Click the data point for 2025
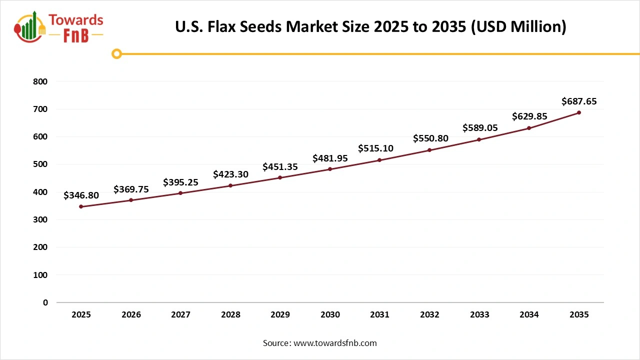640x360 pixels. point(81,206)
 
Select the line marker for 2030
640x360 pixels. point(330,169)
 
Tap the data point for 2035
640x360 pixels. point(579,112)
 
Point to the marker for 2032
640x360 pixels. point(429,150)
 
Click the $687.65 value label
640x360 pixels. point(579,101)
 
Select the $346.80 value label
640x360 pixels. point(81,195)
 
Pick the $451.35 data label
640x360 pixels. point(280,166)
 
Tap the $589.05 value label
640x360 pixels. point(480,128)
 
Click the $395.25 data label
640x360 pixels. point(180,182)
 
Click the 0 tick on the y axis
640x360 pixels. point(45,302)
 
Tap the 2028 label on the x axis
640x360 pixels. point(230,315)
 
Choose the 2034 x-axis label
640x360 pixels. point(529,315)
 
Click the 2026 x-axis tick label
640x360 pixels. point(131,315)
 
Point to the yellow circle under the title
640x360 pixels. point(116,54)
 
